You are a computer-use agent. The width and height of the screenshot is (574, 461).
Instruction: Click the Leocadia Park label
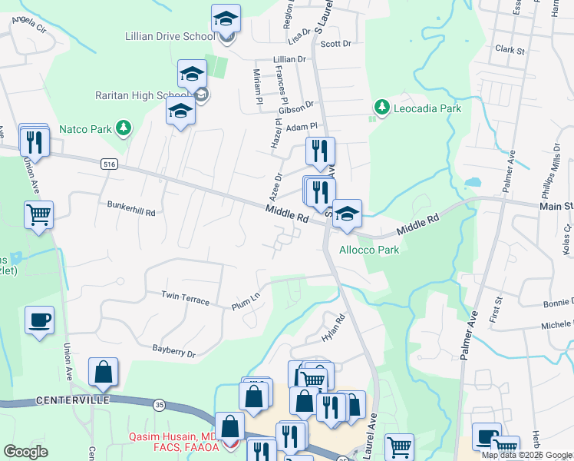tap(427, 108)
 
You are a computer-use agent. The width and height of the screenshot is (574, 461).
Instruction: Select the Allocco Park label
tap(370, 250)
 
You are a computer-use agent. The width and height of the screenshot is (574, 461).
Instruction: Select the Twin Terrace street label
tap(185, 298)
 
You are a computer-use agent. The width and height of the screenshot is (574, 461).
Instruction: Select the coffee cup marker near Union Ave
tap(39, 320)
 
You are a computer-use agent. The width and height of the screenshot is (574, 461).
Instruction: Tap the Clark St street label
tap(510, 50)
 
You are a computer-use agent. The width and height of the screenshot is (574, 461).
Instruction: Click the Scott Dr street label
tap(335, 44)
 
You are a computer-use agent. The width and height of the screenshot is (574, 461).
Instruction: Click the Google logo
tap(25, 452)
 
